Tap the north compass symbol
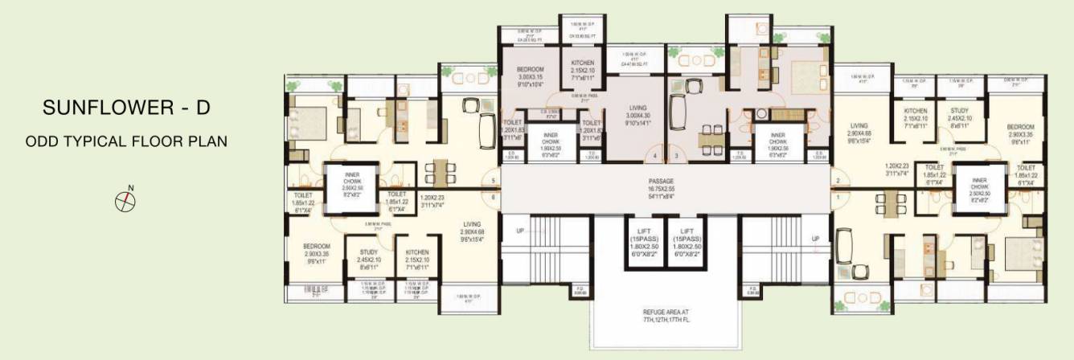coord(125,200)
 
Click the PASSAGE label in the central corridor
coord(662,182)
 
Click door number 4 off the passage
coord(654,156)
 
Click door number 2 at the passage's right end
coord(837,181)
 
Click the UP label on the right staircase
coord(815,239)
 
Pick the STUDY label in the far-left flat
coord(368,252)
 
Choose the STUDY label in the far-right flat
coord(959,111)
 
